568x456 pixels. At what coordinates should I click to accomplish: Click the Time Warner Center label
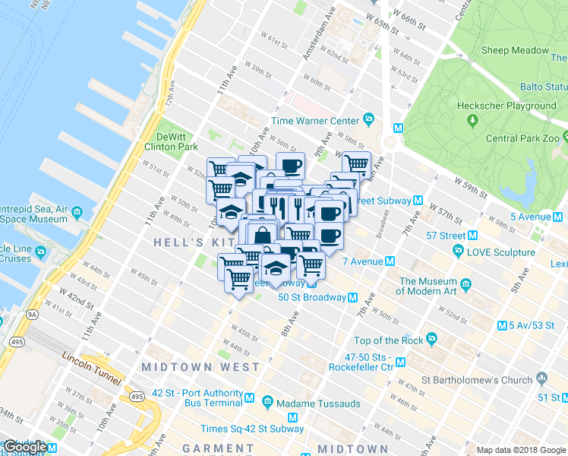click(314, 121)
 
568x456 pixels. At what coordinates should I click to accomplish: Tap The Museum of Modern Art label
click(428, 287)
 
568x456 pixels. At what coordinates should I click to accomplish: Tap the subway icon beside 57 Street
click(473, 236)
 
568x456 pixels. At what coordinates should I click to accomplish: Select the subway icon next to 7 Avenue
click(390, 261)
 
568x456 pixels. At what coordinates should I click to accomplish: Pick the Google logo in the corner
click(25, 447)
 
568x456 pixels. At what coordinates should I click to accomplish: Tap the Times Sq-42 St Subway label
click(252, 429)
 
